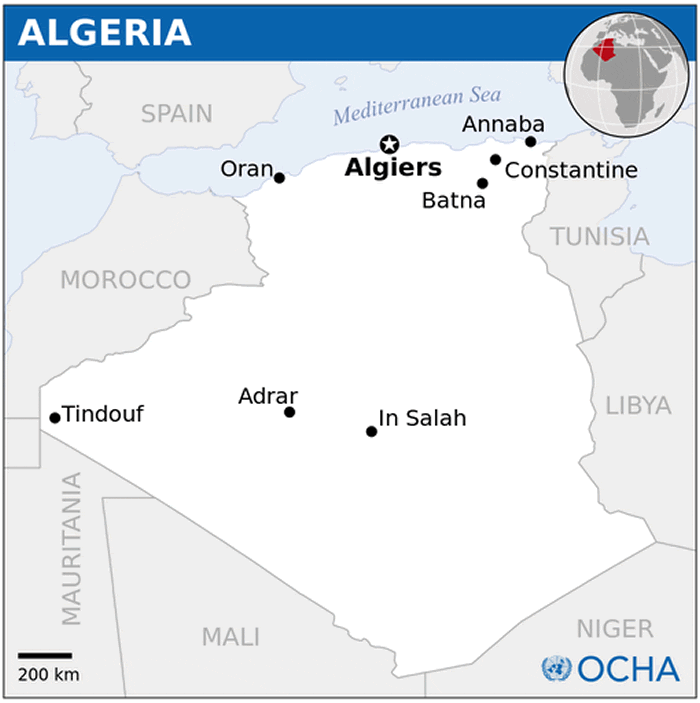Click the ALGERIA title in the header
click(105, 32)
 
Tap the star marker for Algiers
click(389, 145)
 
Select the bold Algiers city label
click(393, 168)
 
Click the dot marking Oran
click(279, 178)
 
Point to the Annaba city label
click(503, 125)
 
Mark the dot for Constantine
click(495, 159)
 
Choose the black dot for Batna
click(482, 183)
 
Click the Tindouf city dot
click(54, 418)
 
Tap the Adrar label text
click(268, 396)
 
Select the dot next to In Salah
click(371, 432)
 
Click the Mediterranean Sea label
click(417, 104)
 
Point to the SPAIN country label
click(176, 114)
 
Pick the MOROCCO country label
click(125, 280)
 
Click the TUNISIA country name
click(600, 237)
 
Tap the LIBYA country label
click(638, 405)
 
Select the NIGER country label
click(614, 629)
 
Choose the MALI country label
click(231, 636)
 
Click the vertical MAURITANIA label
click(71, 549)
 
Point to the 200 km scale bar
click(45, 656)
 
